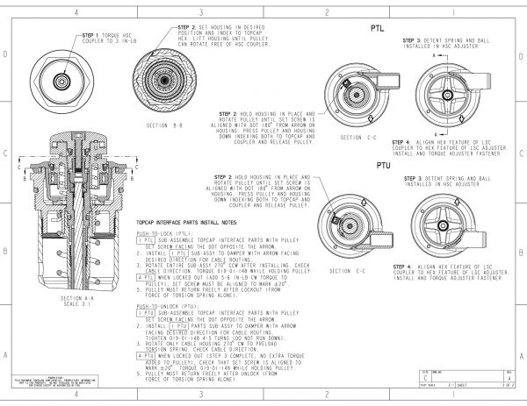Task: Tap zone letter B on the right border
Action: pyautogui.click(x=520, y=253)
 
